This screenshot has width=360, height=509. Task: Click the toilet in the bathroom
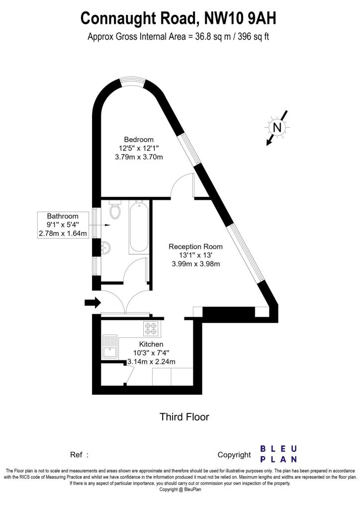click(x=115, y=209)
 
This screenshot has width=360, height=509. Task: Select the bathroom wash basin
click(x=105, y=248)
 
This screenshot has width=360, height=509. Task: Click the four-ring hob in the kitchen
click(x=151, y=328)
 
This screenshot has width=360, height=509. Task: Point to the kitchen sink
click(x=110, y=346)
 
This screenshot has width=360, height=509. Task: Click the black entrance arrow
click(x=93, y=303)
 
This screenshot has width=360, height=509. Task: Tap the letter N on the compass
click(x=277, y=127)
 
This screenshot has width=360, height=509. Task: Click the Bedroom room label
click(x=139, y=140)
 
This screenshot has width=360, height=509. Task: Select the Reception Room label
click(x=195, y=247)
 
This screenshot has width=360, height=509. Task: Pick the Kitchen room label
click(x=151, y=344)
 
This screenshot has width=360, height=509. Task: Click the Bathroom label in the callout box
click(x=63, y=216)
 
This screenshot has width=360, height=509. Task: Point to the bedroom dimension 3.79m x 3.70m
click(x=139, y=157)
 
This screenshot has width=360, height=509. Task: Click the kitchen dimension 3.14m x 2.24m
click(x=152, y=362)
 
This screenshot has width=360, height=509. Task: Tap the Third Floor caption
click(x=184, y=417)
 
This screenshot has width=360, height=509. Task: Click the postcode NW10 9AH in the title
click(x=240, y=18)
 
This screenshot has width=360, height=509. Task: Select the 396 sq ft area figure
click(x=254, y=36)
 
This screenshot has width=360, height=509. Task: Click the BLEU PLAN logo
click(x=278, y=454)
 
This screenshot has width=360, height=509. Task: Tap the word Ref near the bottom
click(x=76, y=455)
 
